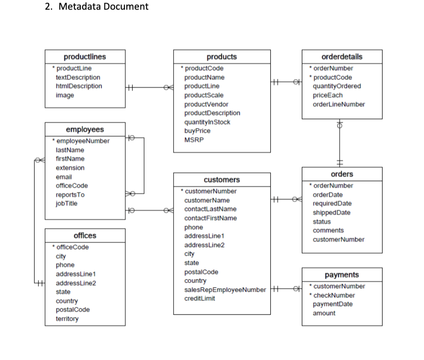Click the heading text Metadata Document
tap(103, 7)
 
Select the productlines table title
tap(85, 57)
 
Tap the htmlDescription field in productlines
tap(79, 86)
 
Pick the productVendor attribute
tap(206, 104)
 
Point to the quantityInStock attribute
tap(207, 122)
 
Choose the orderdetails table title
tap(342, 57)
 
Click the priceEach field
tap(327, 95)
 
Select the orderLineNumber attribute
tap(339, 104)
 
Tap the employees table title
tap(85, 130)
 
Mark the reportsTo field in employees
tap(70, 195)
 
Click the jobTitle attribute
tap(67, 204)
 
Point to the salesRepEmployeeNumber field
tap(225, 290)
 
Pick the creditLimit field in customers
tap(200, 298)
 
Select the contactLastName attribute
tap(210, 209)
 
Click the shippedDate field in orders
tap(331, 213)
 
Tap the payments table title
tap(341, 275)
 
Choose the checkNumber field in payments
tap(334, 295)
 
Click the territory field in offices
tap(67, 319)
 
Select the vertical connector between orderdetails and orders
tap(340, 144)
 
